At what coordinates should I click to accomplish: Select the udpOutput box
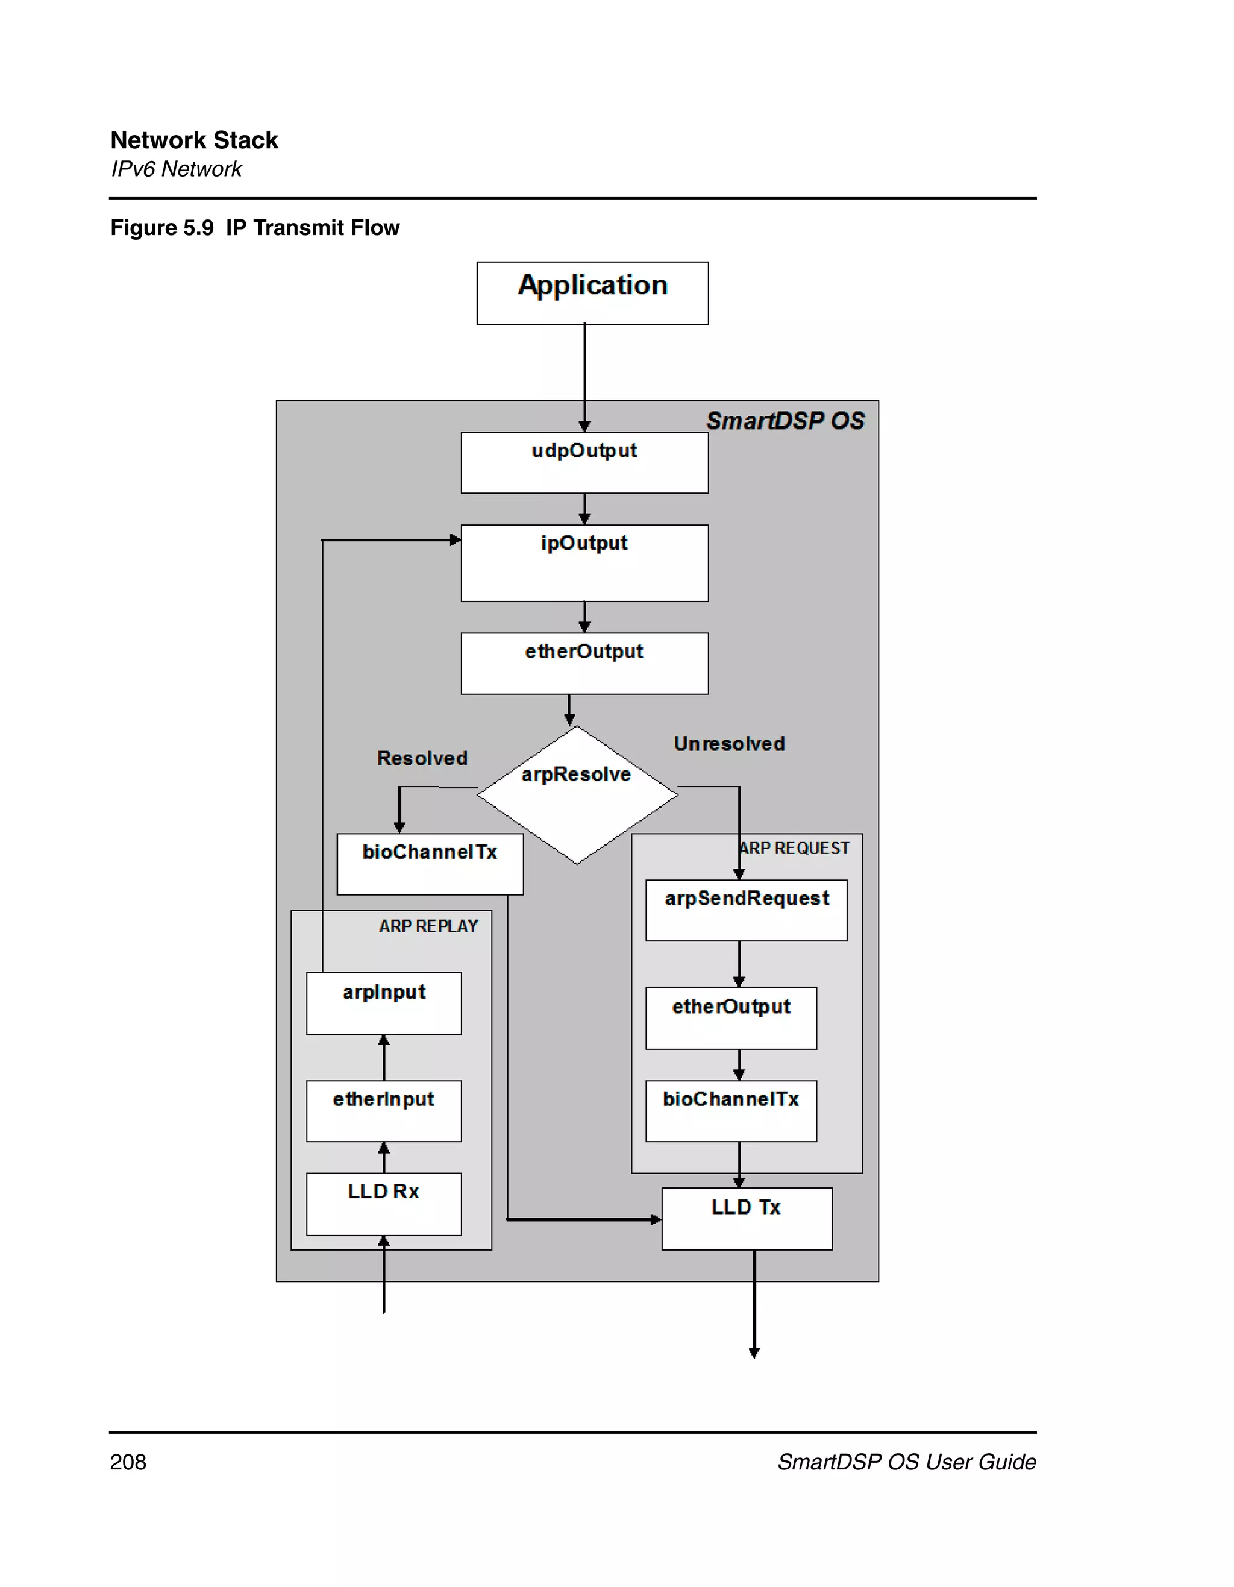point(584,463)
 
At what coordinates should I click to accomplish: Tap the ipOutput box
point(584,563)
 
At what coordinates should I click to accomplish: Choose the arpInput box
point(383,1003)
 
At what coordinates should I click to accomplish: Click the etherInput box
point(383,1110)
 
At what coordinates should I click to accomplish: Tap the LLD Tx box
point(746,1219)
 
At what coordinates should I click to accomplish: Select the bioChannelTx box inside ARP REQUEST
point(731,1110)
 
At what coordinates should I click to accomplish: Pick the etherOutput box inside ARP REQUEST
point(731,1017)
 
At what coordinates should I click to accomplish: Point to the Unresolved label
point(728,743)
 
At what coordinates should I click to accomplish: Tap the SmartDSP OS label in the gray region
point(785,421)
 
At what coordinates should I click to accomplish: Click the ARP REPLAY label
point(428,926)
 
